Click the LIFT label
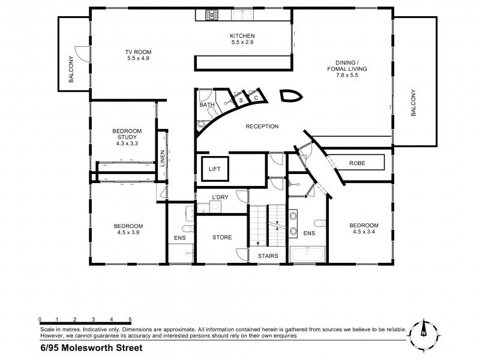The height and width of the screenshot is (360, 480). click(215, 169)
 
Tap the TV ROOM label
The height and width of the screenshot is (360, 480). click(138, 52)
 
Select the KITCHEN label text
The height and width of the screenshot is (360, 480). click(242, 36)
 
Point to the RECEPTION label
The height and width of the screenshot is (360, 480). click(262, 127)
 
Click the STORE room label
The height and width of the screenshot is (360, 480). click(222, 237)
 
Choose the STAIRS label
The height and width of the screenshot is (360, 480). click(268, 256)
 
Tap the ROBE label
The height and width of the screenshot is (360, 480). click(357, 163)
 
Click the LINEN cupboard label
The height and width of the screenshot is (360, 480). click(163, 158)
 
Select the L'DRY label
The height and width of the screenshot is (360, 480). click(220, 197)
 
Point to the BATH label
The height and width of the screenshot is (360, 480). click(207, 104)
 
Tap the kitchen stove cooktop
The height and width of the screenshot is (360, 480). click(212, 14)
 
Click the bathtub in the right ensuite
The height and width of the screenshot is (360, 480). click(308, 254)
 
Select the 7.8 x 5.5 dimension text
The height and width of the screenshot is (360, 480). click(347, 75)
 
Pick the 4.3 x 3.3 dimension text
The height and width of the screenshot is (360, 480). click(127, 143)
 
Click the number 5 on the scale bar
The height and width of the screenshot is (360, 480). click(130, 319)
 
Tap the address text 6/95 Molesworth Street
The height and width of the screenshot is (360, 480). click(92, 348)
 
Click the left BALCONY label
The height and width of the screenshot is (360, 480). click(71, 69)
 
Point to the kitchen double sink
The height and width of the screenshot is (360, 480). click(242, 14)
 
